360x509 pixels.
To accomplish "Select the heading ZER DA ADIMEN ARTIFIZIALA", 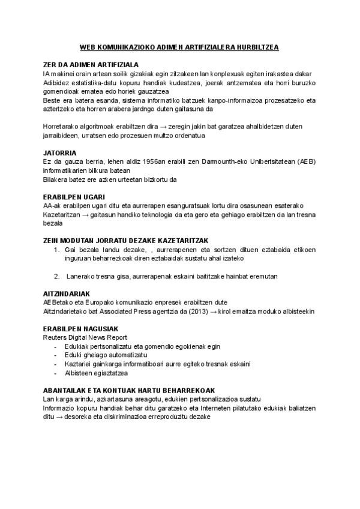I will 91,64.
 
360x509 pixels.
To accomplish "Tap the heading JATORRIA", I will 60,152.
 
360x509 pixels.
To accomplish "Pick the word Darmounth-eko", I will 218,161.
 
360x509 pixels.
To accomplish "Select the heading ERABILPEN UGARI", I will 74,197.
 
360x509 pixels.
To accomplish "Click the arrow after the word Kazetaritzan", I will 83,214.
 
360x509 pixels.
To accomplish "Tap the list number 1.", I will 56,250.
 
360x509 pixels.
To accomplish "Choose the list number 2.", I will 56,276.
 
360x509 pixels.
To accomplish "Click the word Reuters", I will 57,337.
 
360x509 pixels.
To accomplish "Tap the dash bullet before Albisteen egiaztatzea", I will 56,373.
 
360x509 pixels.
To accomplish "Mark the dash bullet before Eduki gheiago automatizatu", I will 56,355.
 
